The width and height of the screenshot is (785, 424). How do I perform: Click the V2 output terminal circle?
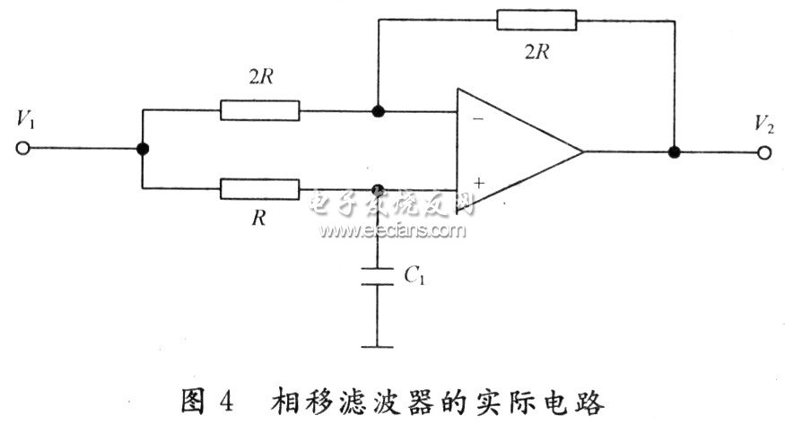763,152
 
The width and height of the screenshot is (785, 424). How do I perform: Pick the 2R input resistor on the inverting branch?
260,112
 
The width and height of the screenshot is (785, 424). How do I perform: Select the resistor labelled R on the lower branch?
260,189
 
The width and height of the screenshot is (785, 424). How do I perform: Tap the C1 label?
414,276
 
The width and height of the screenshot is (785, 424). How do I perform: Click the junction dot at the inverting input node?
379,112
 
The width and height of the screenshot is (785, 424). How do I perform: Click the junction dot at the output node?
674,152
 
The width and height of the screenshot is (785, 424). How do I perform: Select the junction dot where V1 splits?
142,151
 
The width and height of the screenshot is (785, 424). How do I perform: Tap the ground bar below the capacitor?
378,345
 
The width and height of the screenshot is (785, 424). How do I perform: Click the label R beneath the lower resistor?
258,218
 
